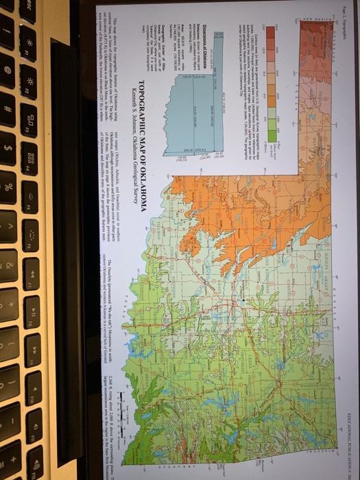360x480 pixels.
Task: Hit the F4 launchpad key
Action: (x=29, y=155)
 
